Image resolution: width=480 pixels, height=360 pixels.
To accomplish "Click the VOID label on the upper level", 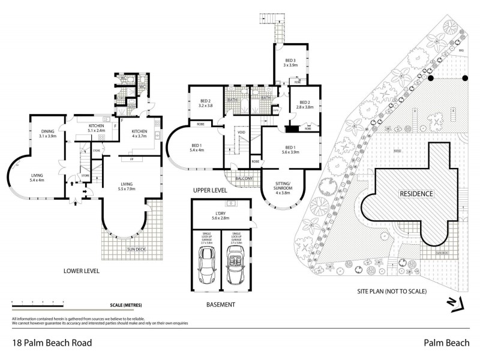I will (241, 133).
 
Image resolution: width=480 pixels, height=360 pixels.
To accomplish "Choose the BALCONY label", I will (244, 178).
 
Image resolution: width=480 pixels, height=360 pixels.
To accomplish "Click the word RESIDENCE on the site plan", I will (416, 194).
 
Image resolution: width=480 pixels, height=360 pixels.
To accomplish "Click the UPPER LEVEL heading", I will (209, 190).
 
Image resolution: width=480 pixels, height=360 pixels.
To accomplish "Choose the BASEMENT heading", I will (220, 305).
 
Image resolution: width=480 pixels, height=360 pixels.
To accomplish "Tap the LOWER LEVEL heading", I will (81, 271).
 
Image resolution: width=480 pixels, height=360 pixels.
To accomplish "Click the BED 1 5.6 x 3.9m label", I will (290, 150).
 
